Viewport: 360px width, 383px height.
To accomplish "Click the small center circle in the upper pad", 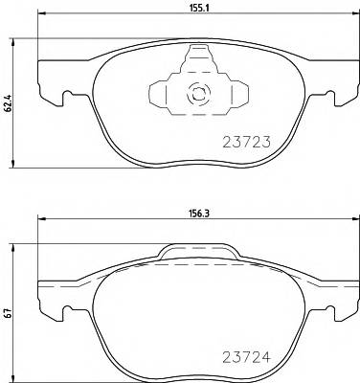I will click(198, 94).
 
